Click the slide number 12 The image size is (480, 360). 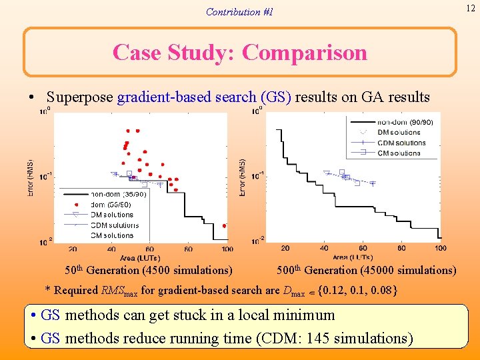470,7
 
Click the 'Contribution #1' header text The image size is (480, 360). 239,12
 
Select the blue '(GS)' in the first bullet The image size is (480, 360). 273,97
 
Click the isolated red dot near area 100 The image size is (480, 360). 224,225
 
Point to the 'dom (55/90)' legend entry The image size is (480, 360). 111,204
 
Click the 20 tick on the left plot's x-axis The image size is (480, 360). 72,249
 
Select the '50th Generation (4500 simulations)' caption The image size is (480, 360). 148,271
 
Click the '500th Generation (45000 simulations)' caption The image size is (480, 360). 366,271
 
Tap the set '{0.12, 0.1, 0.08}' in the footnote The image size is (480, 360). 358,291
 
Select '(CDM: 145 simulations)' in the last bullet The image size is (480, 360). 334,339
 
